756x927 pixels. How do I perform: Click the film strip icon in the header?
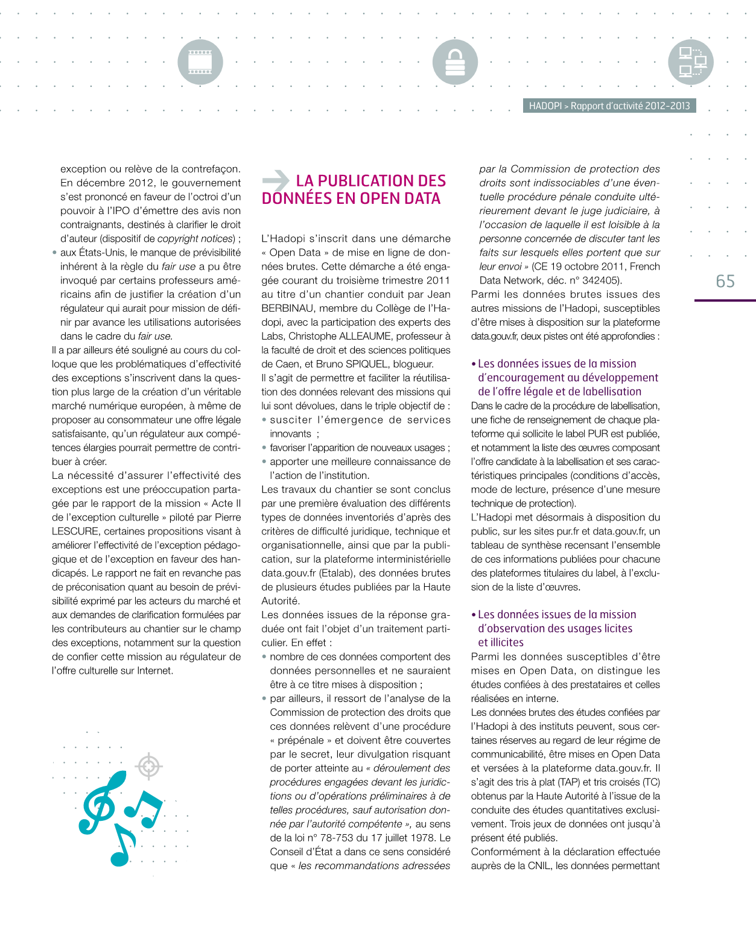(200, 62)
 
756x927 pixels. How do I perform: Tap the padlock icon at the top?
(455, 62)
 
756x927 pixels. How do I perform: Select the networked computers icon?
(691, 62)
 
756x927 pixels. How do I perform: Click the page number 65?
(725, 282)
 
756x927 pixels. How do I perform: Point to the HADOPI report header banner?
(609, 106)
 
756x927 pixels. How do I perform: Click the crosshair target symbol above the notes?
(149, 767)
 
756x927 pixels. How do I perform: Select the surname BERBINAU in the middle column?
(288, 308)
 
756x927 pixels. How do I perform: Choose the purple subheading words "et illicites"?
(501, 642)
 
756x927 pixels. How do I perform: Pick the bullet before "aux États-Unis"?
(55, 253)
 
